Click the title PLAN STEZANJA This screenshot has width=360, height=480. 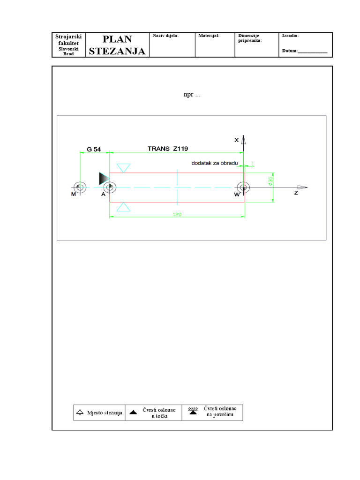[x=117, y=45]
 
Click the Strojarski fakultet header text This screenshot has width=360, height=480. [x=68, y=40]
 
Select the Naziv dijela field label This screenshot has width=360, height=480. [x=166, y=36]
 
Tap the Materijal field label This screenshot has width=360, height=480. [x=209, y=36]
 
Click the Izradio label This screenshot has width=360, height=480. [x=290, y=36]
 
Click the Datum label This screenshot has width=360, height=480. [x=290, y=51]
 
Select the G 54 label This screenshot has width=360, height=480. [x=94, y=149]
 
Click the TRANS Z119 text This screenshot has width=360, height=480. [x=168, y=148]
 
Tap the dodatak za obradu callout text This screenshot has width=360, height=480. [x=214, y=163]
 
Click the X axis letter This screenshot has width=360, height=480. [x=237, y=140]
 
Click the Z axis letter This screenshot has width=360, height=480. [x=296, y=193]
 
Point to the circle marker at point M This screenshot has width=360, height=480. [x=80, y=187]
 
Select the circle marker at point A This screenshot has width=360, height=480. [x=110, y=187]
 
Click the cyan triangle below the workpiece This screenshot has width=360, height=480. [x=124, y=207]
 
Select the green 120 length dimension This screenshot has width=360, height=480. [x=177, y=214]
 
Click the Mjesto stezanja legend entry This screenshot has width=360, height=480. [x=99, y=412]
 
